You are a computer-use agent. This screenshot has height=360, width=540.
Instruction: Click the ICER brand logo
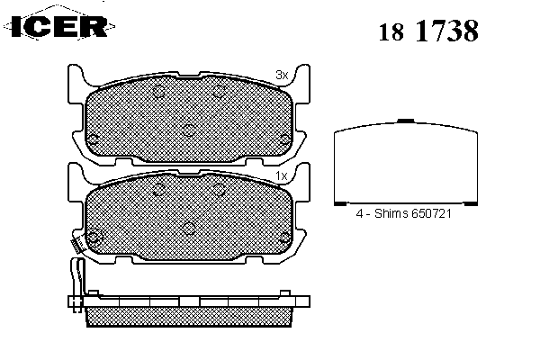point(59,25)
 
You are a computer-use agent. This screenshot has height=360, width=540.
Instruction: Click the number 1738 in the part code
point(447,31)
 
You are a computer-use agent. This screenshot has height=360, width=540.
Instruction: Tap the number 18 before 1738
point(391,32)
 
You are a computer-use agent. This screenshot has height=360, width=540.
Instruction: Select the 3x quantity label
point(282,75)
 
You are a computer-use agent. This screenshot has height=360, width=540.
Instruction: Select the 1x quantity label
point(282,176)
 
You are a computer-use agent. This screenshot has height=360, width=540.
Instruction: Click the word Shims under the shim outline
point(391,213)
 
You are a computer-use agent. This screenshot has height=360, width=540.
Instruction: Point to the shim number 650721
point(431,213)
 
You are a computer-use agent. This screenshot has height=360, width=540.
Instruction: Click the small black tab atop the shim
point(405,121)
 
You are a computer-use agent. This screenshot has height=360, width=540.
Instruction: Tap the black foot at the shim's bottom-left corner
point(340,203)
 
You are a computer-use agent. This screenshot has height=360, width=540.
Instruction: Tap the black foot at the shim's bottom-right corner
point(471,203)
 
